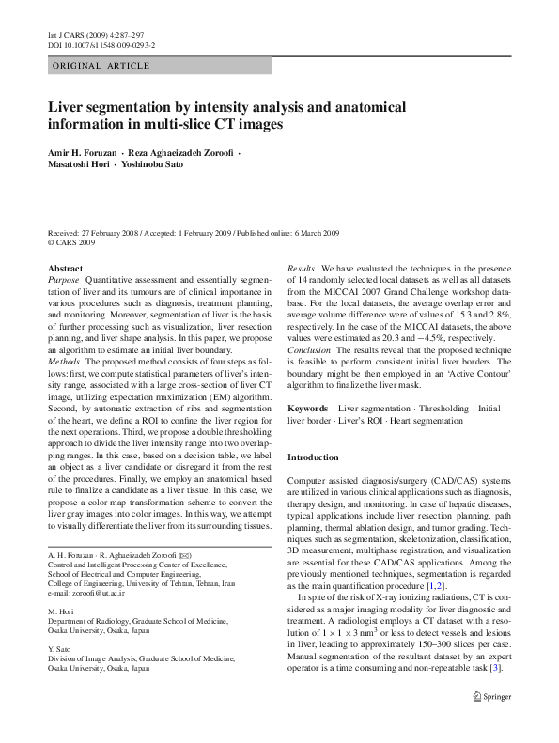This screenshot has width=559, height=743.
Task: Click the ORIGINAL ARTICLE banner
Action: point(101,66)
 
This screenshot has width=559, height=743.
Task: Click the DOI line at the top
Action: point(101,44)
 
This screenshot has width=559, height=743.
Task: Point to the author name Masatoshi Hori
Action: point(78,164)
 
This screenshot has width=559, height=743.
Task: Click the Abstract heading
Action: point(65,268)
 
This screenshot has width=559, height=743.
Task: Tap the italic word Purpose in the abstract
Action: point(64,280)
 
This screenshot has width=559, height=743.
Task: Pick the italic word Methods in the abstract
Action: point(64,359)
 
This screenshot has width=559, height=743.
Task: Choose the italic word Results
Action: point(302,268)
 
